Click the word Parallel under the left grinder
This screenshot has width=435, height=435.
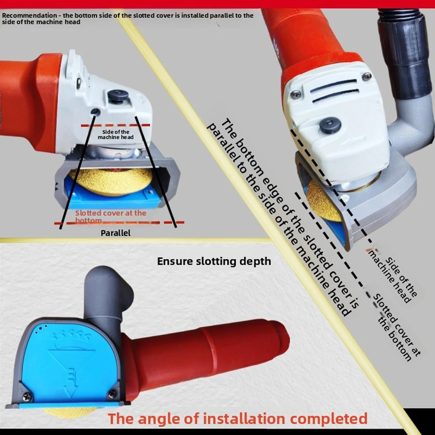coord(115,233)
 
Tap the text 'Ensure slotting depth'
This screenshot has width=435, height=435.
coord(214,261)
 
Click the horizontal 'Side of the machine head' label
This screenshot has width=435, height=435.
coord(116,134)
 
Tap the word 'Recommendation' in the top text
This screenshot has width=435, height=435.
coord(29,15)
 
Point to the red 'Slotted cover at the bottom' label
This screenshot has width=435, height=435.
coord(110,216)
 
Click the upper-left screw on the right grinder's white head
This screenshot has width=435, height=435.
coord(296,94)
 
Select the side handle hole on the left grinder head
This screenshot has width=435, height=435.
coord(95,111)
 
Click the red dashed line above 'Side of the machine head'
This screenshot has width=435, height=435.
coord(115,125)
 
